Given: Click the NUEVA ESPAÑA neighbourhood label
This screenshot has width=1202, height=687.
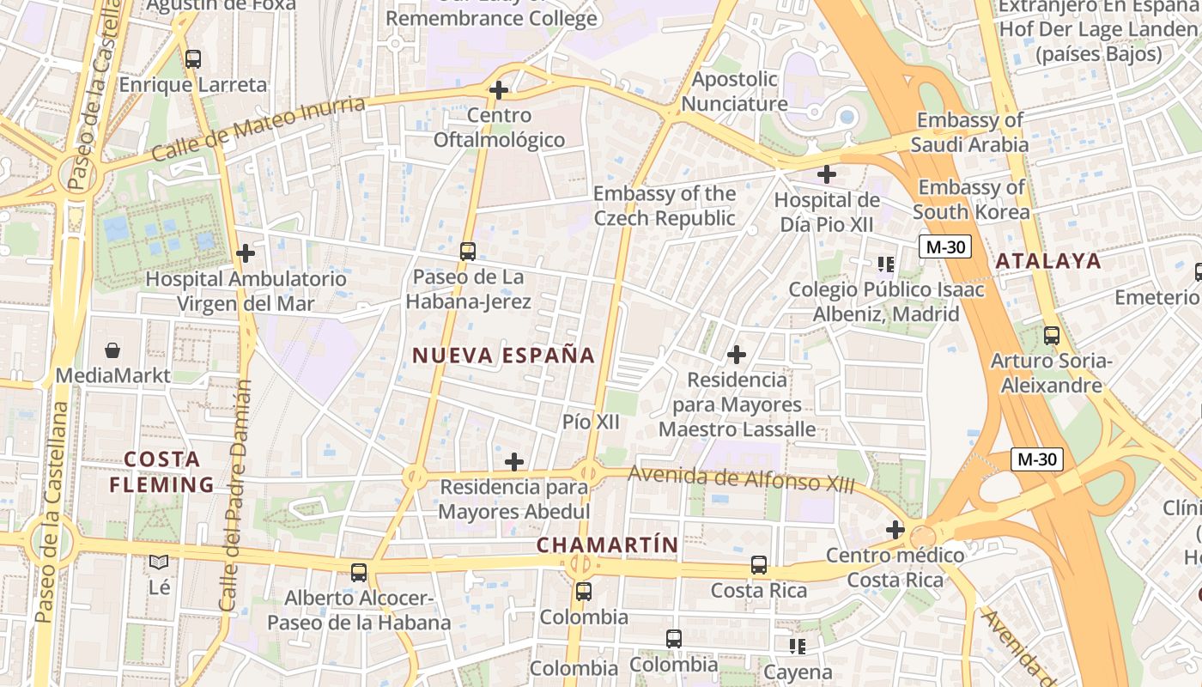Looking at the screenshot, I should pyautogui.click(x=503, y=356).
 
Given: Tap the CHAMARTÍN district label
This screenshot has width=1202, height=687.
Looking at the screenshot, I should pyautogui.click(x=607, y=544).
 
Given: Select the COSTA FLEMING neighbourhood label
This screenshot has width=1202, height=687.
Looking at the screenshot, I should pyautogui.click(x=161, y=471).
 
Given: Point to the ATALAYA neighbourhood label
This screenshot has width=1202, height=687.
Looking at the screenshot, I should pyautogui.click(x=1047, y=261).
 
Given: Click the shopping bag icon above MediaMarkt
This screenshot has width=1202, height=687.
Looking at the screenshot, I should pyautogui.click(x=112, y=350).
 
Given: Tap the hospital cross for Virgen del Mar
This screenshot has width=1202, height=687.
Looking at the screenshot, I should pyautogui.click(x=246, y=253).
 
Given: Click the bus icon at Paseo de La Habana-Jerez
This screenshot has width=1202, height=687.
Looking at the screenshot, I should pyautogui.click(x=468, y=251).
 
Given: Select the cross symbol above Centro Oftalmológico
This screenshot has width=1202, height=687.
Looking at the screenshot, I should pyautogui.click(x=498, y=89).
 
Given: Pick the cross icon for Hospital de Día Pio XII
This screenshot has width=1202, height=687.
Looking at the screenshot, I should pyautogui.click(x=826, y=175).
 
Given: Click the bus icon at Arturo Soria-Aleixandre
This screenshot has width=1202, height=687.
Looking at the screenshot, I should pyautogui.click(x=1052, y=336).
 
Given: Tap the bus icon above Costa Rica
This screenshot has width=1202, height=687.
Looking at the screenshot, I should pyautogui.click(x=759, y=565).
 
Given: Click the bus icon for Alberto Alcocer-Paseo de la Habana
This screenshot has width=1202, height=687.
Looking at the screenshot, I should pyautogui.click(x=359, y=572).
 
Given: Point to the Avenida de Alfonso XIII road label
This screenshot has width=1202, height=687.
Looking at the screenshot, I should pyautogui.click(x=741, y=478).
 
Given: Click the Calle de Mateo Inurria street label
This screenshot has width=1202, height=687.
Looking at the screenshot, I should pyautogui.click(x=258, y=129).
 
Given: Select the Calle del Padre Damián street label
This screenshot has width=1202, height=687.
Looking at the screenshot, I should pyautogui.click(x=233, y=495).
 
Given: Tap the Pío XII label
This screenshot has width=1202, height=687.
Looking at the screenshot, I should pyautogui.click(x=591, y=422).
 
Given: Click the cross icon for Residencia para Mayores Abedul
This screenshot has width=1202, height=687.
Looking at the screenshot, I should pyautogui.click(x=514, y=462).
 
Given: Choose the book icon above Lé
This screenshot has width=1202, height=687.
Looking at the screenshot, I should pyautogui.click(x=159, y=562).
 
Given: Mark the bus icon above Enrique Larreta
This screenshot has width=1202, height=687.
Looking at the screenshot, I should pyautogui.click(x=193, y=59).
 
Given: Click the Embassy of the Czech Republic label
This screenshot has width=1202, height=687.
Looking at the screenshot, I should pyautogui.click(x=665, y=206).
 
